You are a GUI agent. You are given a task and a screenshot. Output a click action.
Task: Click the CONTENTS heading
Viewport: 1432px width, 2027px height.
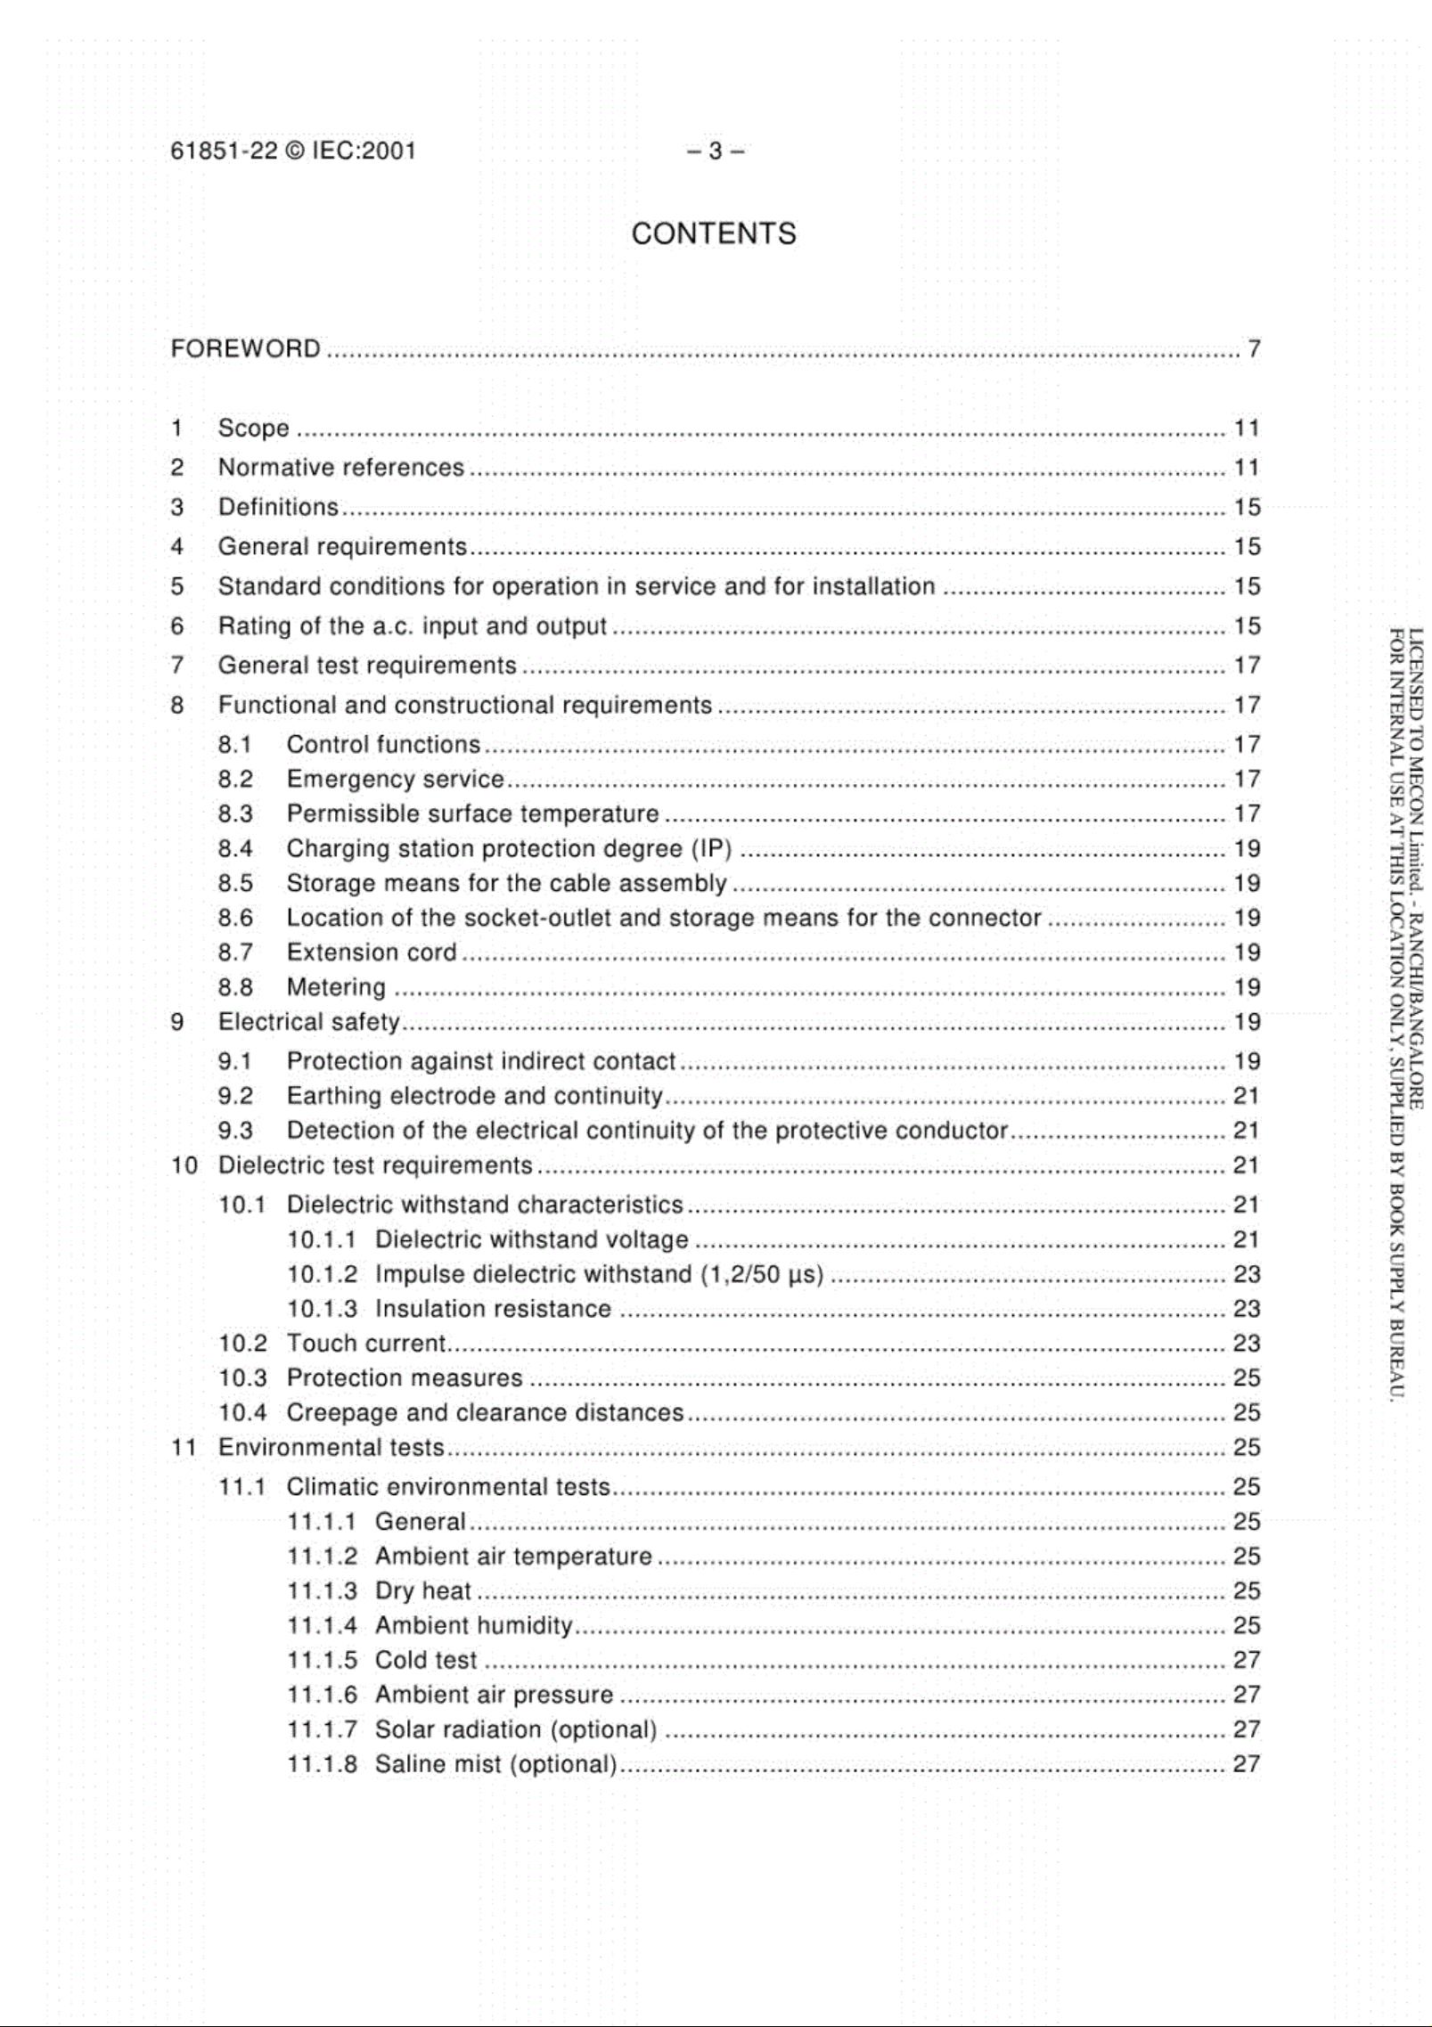[713, 233]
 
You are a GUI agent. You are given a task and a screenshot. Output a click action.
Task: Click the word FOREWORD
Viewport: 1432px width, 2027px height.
[245, 348]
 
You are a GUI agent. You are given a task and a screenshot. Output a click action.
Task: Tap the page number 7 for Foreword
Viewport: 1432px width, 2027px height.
[1254, 348]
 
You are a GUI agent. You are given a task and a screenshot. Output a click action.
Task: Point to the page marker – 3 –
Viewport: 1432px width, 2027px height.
[715, 151]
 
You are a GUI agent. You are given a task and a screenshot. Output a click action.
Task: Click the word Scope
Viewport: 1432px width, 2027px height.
[253, 429]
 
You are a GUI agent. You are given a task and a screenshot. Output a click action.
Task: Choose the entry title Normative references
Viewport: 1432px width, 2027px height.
[340, 468]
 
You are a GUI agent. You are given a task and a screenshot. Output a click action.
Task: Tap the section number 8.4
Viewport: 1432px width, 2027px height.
[235, 848]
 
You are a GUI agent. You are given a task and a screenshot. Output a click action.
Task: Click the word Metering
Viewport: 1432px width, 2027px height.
[336, 987]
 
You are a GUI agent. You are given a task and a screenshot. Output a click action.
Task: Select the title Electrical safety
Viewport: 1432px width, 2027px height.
[308, 1022]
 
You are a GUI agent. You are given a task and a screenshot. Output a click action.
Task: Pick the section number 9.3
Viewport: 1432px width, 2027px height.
[235, 1131]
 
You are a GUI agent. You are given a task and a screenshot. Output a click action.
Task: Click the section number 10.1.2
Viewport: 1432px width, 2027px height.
[322, 1274]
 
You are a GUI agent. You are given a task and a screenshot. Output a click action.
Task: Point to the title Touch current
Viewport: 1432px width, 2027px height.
[365, 1344]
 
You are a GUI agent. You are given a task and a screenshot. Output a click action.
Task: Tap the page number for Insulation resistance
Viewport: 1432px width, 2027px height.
[1247, 1309]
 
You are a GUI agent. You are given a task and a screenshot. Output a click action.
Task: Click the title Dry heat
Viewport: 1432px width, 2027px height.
[422, 1591]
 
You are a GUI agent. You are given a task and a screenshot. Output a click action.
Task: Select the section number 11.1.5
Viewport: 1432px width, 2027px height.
[322, 1661]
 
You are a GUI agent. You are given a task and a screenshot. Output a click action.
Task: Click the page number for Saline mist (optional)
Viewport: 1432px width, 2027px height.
[1247, 1764]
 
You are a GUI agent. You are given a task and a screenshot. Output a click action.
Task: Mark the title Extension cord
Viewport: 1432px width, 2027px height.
[371, 952]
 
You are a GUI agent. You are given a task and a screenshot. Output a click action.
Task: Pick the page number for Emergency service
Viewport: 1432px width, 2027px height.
[1247, 780]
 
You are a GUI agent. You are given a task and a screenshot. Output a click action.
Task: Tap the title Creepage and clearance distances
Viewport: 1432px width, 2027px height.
[485, 1413]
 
